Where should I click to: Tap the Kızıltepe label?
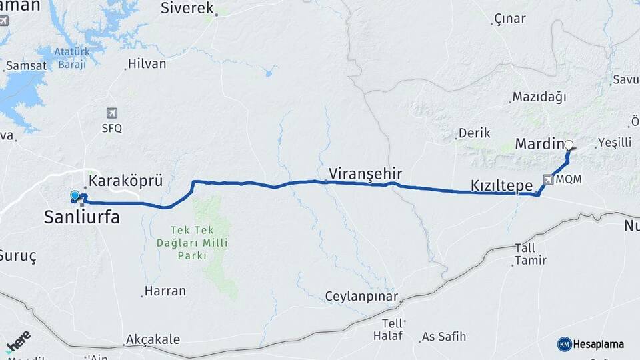501,185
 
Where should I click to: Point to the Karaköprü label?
125,181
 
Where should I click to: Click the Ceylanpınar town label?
361,296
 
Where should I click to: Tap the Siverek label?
187,9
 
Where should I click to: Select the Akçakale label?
154,339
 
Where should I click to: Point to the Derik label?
475,133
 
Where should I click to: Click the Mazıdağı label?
539,97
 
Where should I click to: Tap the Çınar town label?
510,19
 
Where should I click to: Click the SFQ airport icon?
111,113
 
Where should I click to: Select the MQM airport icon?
548,179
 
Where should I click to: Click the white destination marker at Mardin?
568,145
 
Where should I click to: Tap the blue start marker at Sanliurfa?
75,195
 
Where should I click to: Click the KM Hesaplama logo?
591,344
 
